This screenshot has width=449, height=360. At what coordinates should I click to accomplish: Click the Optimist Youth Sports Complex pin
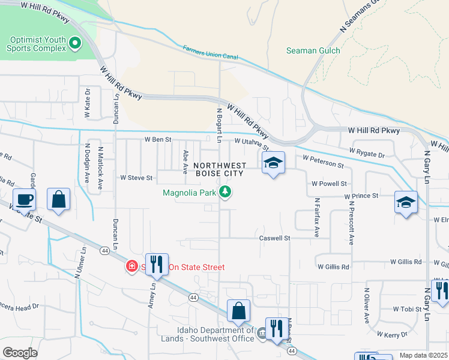(x=75, y=43)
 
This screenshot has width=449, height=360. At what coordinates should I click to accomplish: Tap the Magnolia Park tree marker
(x=226, y=193)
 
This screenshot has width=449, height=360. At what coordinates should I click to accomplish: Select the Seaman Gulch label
(x=313, y=51)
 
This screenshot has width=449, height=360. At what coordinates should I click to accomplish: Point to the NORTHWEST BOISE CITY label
(x=220, y=169)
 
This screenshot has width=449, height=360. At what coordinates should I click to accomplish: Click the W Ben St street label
(x=158, y=140)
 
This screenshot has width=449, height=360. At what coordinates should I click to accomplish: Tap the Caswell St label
(x=274, y=238)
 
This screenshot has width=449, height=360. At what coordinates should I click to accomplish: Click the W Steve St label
(x=137, y=178)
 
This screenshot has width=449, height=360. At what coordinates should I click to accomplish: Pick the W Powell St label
(x=329, y=184)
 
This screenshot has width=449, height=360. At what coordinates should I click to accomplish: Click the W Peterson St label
(x=323, y=161)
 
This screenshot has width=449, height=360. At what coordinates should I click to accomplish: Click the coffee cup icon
(x=24, y=199)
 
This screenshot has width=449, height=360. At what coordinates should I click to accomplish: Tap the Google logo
(x=19, y=353)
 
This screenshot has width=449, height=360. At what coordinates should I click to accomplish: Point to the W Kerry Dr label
(x=392, y=333)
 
